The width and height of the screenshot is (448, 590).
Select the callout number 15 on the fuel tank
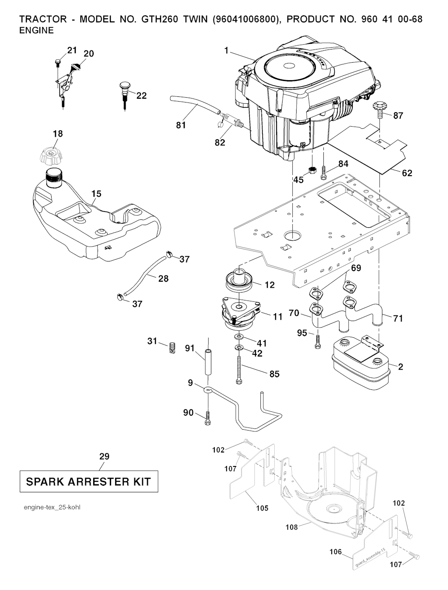(97, 194)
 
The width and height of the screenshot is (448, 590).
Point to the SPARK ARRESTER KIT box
(89, 482)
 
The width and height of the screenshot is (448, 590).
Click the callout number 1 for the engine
(227, 51)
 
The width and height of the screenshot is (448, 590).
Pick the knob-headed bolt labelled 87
(379, 107)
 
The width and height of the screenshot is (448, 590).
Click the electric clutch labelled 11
(241, 312)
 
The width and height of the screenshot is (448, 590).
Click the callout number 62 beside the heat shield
(407, 173)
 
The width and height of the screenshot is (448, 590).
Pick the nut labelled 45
(312, 170)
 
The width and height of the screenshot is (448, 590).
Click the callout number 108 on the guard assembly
(292, 527)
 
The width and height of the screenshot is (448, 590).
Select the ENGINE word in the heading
(37, 30)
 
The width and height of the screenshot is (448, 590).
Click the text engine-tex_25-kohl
(52, 507)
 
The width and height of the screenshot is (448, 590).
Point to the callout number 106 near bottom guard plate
(336, 552)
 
